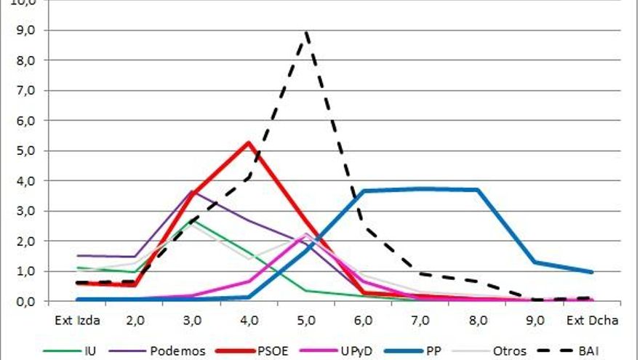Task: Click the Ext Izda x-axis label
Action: pyautogui.click(x=77, y=319)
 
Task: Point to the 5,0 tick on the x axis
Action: pyautogui.click(x=306, y=319)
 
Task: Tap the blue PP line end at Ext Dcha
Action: pyautogui.click(x=592, y=272)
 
